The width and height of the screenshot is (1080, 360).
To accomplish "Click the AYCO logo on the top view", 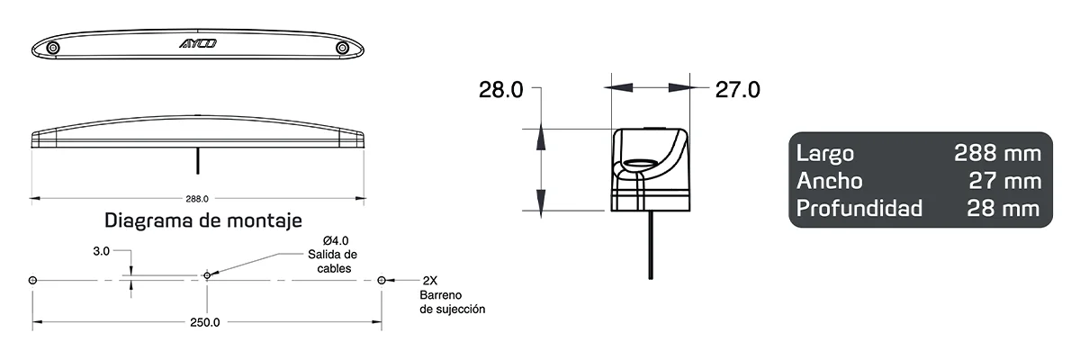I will [197, 42].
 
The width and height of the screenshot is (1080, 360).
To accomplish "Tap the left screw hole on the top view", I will [54, 47].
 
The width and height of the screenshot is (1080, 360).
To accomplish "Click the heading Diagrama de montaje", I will [203, 220].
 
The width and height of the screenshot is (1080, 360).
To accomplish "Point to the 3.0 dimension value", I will [101, 253].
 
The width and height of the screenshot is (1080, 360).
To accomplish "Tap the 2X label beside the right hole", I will [431, 280].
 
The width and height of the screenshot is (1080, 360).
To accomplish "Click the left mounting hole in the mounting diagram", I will [33, 280].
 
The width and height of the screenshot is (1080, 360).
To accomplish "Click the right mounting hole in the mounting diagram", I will [382, 280].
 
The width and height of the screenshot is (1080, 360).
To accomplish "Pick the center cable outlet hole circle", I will [207, 274].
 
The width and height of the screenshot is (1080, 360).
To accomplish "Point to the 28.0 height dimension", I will [501, 89].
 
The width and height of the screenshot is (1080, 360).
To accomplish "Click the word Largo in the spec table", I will [824, 153].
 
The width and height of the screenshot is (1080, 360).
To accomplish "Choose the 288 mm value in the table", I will [997, 153].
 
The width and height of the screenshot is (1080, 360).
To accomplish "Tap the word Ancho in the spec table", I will [829, 181].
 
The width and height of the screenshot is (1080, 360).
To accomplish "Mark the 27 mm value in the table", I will [1004, 181].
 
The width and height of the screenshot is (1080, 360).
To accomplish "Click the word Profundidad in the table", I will [859, 209].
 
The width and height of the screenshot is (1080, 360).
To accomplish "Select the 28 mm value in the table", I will [1003, 209].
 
